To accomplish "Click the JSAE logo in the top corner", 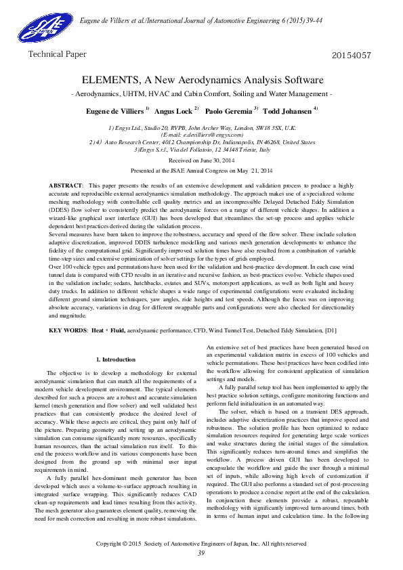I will tap(40, 27).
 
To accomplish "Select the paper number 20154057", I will tap(353, 55).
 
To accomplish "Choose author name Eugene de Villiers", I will tap(114, 110).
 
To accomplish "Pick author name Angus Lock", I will tap(174, 110).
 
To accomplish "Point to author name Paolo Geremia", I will tap(229, 110).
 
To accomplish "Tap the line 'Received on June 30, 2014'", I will tap(201, 160).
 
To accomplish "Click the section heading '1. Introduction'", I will tap(116, 359).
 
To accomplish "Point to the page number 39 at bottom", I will tap(201, 553).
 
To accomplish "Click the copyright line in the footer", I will tap(201, 543).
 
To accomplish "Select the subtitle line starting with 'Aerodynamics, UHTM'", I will tap(201, 93).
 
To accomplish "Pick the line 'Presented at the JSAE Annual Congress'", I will tap(201, 171).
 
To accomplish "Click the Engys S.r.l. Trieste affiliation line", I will tap(201, 150).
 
